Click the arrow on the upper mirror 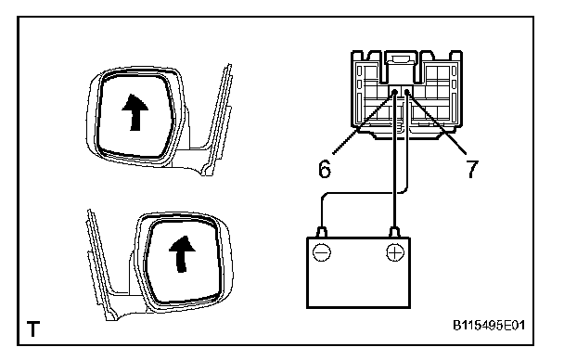pyautogui.click(x=135, y=112)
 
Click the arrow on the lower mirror pyautogui.click(x=182, y=254)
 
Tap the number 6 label pyautogui.click(x=325, y=168)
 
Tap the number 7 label pyautogui.click(x=472, y=168)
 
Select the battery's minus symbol pyautogui.click(x=322, y=252)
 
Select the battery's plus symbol pyautogui.click(x=395, y=252)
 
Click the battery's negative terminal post pyautogui.click(x=322, y=232)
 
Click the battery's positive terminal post pyautogui.click(x=395, y=232)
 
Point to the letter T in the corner pyautogui.click(x=33, y=328)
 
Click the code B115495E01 pyautogui.click(x=489, y=326)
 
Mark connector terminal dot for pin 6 pyautogui.click(x=394, y=92)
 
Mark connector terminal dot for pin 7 pyautogui.click(x=407, y=92)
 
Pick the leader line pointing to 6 pyautogui.click(x=364, y=123)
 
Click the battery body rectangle pyautogui.click(x=358, y=272)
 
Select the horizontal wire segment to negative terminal pyautogui.click(x=364, y=194)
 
